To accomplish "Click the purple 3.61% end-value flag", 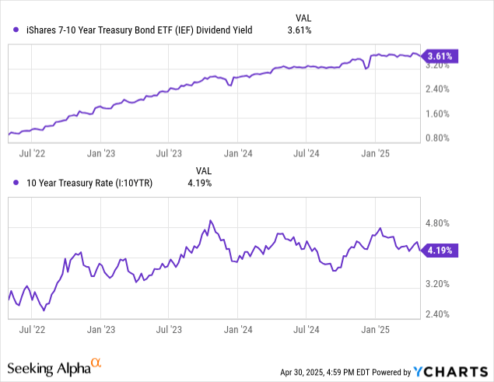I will (x=443, y=56).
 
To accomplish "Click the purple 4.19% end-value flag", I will (x=443, y=251).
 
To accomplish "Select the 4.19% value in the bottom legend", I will (x=199, y=183).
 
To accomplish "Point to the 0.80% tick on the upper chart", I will (x=440, y=138).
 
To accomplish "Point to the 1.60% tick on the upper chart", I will (x=440, y=114).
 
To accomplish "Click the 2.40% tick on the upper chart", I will (x=440, y=89).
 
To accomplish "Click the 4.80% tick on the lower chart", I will (x=440, y=223).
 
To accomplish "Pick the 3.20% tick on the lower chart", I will (x=440, y=284).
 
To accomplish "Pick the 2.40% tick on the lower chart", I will (x=440, y=314).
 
